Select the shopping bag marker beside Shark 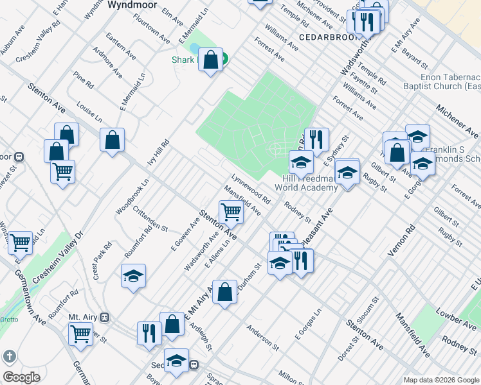(211, 61)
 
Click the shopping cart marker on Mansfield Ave (231, 212)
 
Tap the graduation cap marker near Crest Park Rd (134, 276)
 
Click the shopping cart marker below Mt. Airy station (81, 334)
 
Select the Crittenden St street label (150, 219)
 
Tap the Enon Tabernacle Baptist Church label (442, 81)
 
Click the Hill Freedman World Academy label (306, 184)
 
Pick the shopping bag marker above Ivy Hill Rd (112, 140)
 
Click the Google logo (21, 377)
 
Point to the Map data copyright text (441, 380)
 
